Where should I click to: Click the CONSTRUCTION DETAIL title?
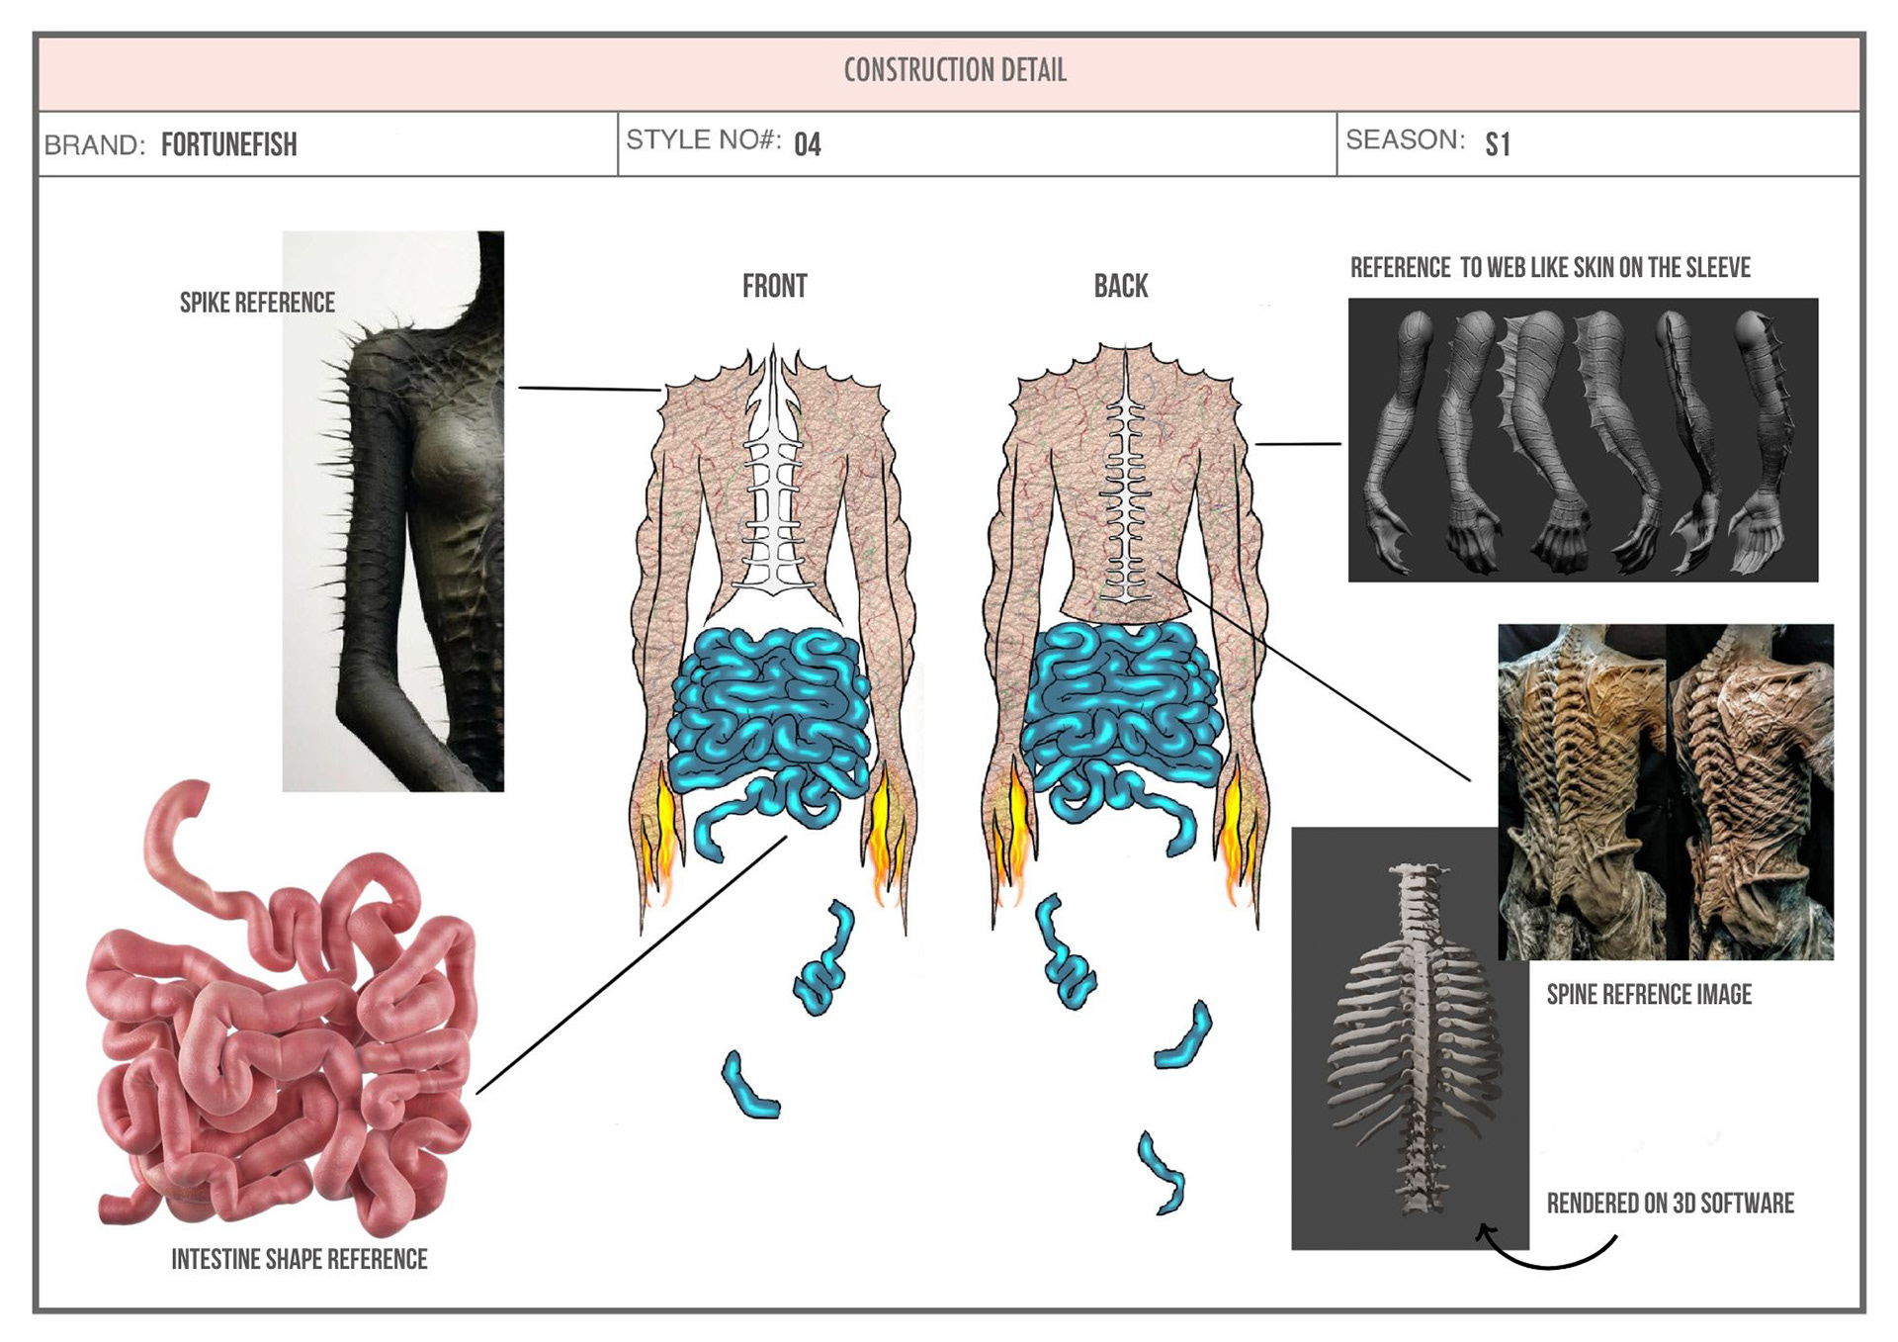(955, 70)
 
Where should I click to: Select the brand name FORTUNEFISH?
(228, 145)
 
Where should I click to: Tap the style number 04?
(807, 145)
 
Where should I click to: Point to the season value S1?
(1497, 145)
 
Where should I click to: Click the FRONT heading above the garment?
(774, 287)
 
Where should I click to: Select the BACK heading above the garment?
(1120, 287)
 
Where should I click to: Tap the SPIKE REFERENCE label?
(257, 303)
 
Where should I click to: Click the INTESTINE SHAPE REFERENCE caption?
(299, 1259)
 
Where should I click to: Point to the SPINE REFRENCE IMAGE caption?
(1648, 995)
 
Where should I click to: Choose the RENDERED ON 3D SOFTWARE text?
(1670, 1204)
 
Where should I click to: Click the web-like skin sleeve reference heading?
(1549, 268)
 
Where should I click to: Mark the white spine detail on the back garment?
(1124, 494)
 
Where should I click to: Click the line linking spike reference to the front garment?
(589, 389)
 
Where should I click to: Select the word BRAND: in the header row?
(95, 146)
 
